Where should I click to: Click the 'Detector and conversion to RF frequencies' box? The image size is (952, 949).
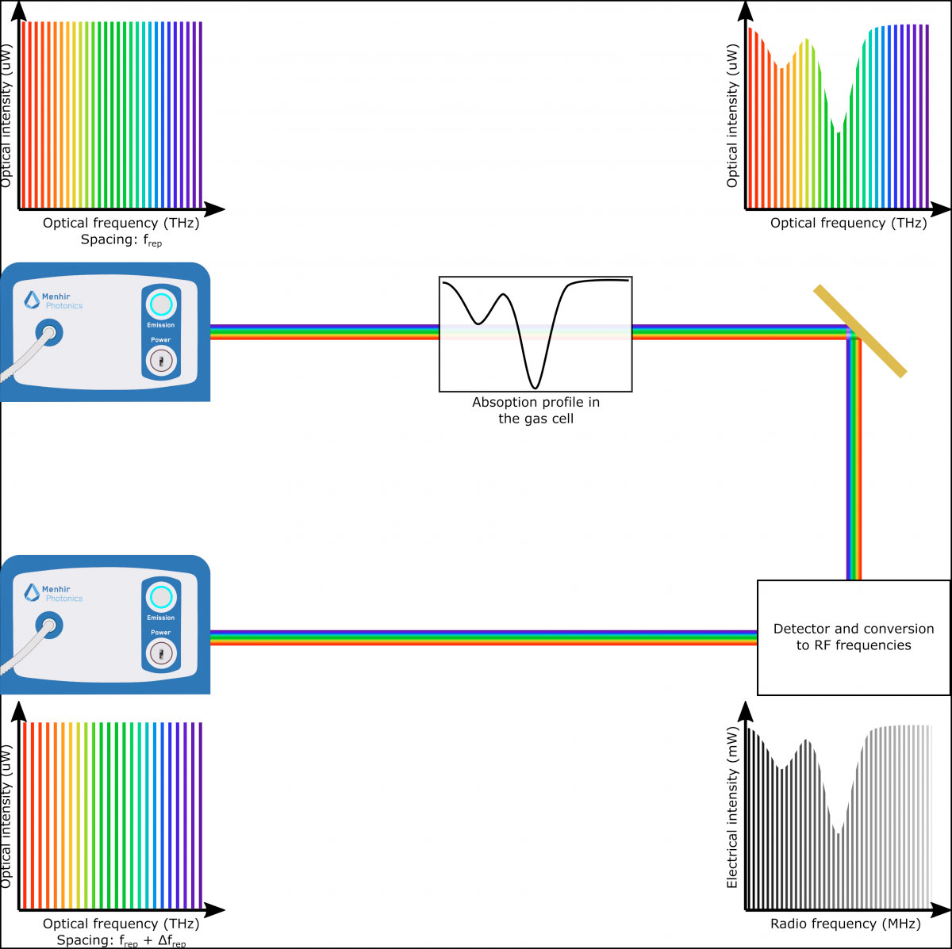(x=854, y=637)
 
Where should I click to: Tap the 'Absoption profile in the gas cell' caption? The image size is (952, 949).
(x=535, y=411)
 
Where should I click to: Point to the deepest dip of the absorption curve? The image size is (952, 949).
(x=535, y=386)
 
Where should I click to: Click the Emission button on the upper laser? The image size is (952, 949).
(x=160, y=304)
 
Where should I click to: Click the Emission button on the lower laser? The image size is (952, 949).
(x=160, y=597)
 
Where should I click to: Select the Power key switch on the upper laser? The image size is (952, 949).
(x=160, y=361)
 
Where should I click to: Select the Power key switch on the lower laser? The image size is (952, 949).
(x=160, y=654)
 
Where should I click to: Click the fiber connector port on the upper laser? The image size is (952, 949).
(x=48, y=333)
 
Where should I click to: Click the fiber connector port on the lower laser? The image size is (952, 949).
(x=48, y=626)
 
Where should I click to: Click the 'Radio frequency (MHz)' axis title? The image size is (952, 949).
(x=845, y=924)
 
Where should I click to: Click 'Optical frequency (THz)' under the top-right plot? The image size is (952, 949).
(x=848, y=224)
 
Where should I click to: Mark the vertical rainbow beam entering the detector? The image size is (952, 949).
(x=854, y=476)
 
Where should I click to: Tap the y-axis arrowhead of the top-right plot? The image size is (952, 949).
(x=746, y=10)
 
